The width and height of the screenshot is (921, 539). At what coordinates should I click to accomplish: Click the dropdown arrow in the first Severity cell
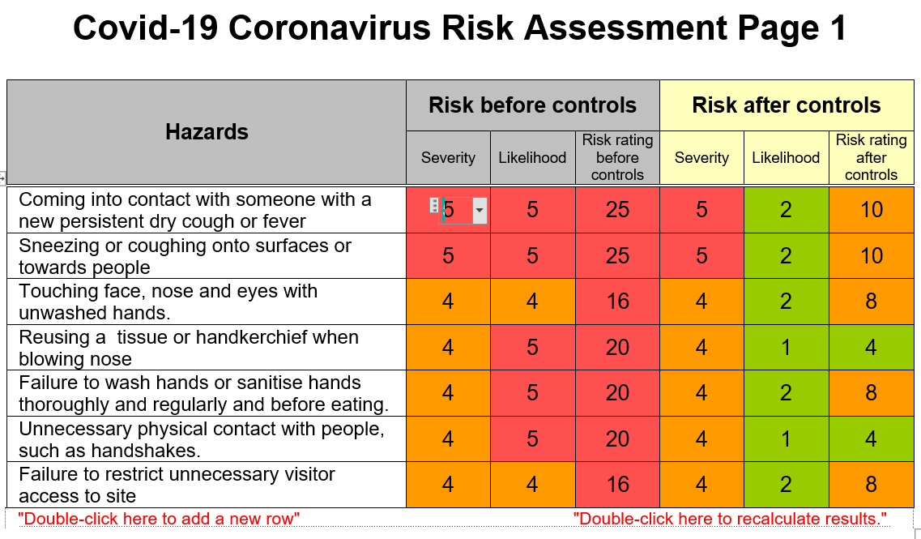tap(480, 211)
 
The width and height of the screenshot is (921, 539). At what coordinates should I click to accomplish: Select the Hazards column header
tap(207, 131)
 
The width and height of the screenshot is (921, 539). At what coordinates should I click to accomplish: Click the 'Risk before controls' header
tap(532, 105)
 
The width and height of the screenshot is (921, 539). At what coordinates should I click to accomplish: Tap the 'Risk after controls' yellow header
tap(786, 105)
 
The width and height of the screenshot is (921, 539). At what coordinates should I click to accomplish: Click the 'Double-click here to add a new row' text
tap(159, 519)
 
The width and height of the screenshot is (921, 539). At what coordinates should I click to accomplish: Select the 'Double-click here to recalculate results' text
tap(730, 519)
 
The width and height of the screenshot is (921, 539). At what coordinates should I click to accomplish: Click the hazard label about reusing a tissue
tap(189, 348)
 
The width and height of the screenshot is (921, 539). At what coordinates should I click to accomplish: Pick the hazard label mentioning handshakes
tap(202, 439)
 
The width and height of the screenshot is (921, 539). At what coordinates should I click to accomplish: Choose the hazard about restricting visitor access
tap(177, 485)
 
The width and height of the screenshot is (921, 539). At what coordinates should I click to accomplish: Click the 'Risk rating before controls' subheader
tap(617, 157)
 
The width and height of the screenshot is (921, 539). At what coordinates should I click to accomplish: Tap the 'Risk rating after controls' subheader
tap(871, 157)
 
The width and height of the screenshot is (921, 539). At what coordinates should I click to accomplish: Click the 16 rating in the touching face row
tap(617, 302)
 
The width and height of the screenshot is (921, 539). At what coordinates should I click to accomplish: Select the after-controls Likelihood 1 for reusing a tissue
tap(786, 348)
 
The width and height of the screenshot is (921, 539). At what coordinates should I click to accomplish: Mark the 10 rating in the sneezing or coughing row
tap(871, 255)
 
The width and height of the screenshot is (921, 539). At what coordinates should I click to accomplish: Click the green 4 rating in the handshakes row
tap(871, 439)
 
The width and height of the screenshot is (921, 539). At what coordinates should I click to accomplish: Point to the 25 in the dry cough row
tap(617, 210)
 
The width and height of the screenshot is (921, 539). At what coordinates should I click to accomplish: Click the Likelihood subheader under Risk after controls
tap(786, 157)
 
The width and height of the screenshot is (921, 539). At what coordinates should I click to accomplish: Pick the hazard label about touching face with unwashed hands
tap(168, 302)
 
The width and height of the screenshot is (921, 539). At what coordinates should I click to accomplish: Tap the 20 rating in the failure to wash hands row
tap(617, 393)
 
